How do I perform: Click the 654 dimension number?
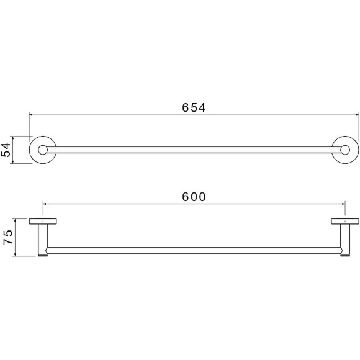tap(194, 107)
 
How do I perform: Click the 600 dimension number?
tap(194, 197)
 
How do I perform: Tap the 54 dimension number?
tap(6, 150)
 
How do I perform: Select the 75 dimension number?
tap(8, 237)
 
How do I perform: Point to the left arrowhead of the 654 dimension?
tap(30, 114)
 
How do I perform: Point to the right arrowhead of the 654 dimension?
tap(358, 114)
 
